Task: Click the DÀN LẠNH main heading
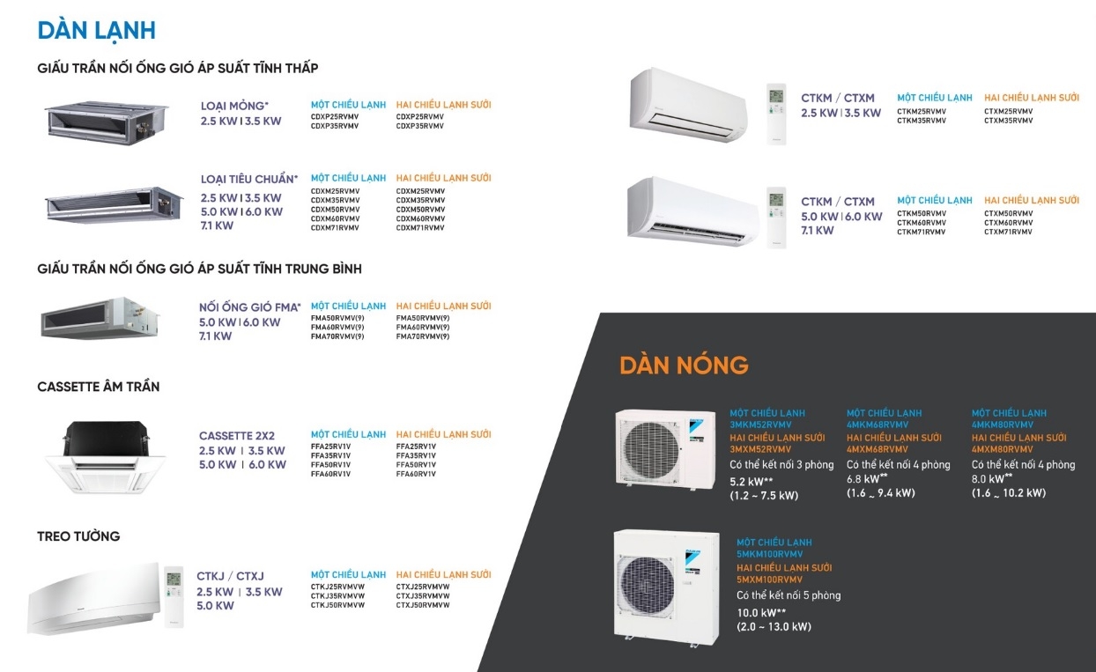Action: click(x=96, y=30)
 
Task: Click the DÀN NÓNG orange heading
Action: click(x=684, y=365)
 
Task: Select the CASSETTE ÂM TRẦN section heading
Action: click(x=99, y=387)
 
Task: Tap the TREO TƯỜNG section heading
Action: click(x=78, y=536)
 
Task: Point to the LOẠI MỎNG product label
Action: click(x=234, y=106)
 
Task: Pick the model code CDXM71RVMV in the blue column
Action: click(x=335, y=228)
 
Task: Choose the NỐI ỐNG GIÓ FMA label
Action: click(x=249, y=307)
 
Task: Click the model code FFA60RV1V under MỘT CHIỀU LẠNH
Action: click(x=330, y=474)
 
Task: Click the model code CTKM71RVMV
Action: click(x=922, y=232)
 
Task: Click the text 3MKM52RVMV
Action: click(x=760, y=425)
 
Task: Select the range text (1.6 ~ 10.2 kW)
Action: click(x=1009, y=493)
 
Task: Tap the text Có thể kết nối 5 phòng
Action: click(x=789, y=595)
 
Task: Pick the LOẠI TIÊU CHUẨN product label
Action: click(x=248, y=180)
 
